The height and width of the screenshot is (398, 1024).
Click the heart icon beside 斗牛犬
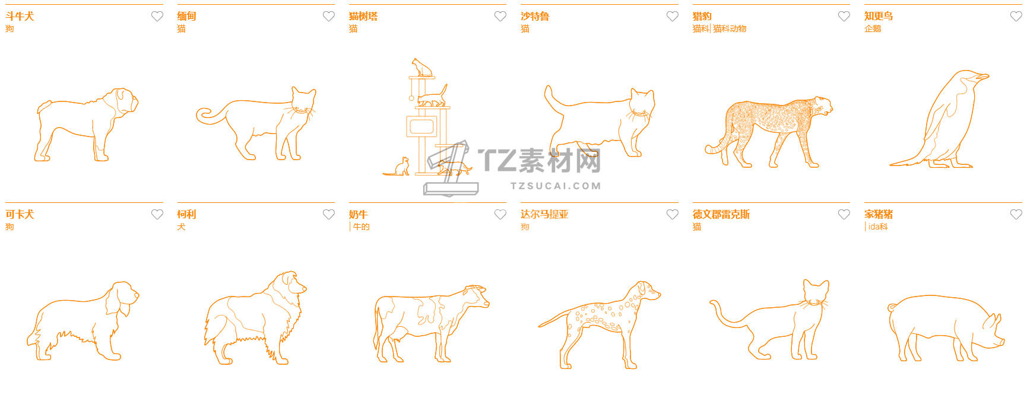[157, 17]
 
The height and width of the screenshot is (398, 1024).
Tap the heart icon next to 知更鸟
[1016, 17]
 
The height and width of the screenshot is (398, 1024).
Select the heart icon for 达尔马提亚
[672, 215]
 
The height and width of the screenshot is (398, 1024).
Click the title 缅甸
[186, 17]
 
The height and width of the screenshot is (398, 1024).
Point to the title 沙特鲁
[535, 17]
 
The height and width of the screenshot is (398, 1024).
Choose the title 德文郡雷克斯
[721, 215]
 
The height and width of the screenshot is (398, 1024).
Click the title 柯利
[186, 215]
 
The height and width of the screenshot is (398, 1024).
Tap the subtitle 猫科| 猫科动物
[719, 28]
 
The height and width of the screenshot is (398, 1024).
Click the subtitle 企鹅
[873, 28]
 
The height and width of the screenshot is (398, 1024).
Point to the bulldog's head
[125, 100]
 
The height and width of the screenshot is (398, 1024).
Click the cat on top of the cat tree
[422, 67]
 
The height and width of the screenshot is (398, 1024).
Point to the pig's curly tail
[893, 307]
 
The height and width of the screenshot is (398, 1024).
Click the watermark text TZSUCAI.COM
[556, 186]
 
